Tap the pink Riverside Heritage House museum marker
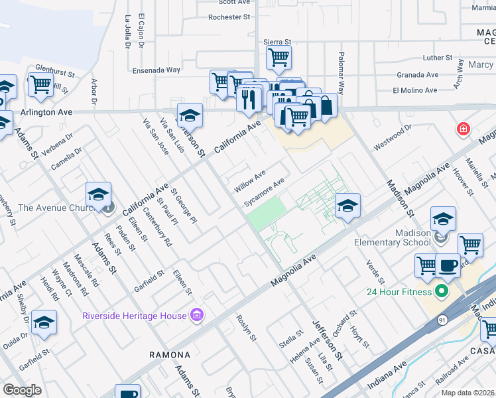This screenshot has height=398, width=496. (196, 314)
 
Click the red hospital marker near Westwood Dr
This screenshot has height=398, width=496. (461, 129)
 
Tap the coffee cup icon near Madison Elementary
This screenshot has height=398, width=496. (448, 265)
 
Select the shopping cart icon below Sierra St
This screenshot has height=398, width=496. (279, 57)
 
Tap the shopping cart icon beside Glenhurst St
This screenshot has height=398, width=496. (40, 85)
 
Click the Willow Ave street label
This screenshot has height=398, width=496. (249, 180)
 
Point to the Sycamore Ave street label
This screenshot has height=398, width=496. (264, 191)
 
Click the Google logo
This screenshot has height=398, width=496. (22, 389)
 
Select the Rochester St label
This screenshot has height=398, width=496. (228, 17)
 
